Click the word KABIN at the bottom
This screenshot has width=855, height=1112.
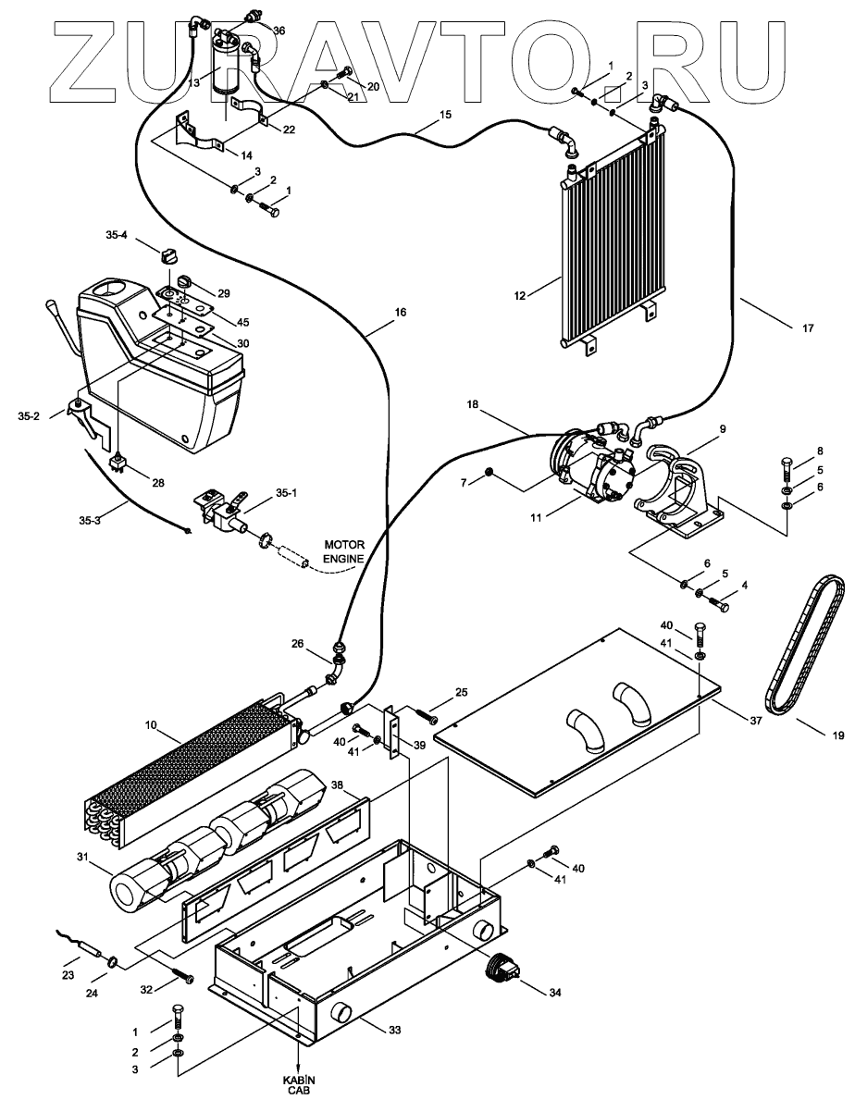point(298,1081)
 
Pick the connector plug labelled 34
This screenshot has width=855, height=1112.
point(502,970)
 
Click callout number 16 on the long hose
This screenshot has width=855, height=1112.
point(400,313)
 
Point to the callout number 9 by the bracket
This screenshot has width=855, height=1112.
point(724,428)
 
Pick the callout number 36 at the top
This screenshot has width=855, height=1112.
point(279,30)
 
